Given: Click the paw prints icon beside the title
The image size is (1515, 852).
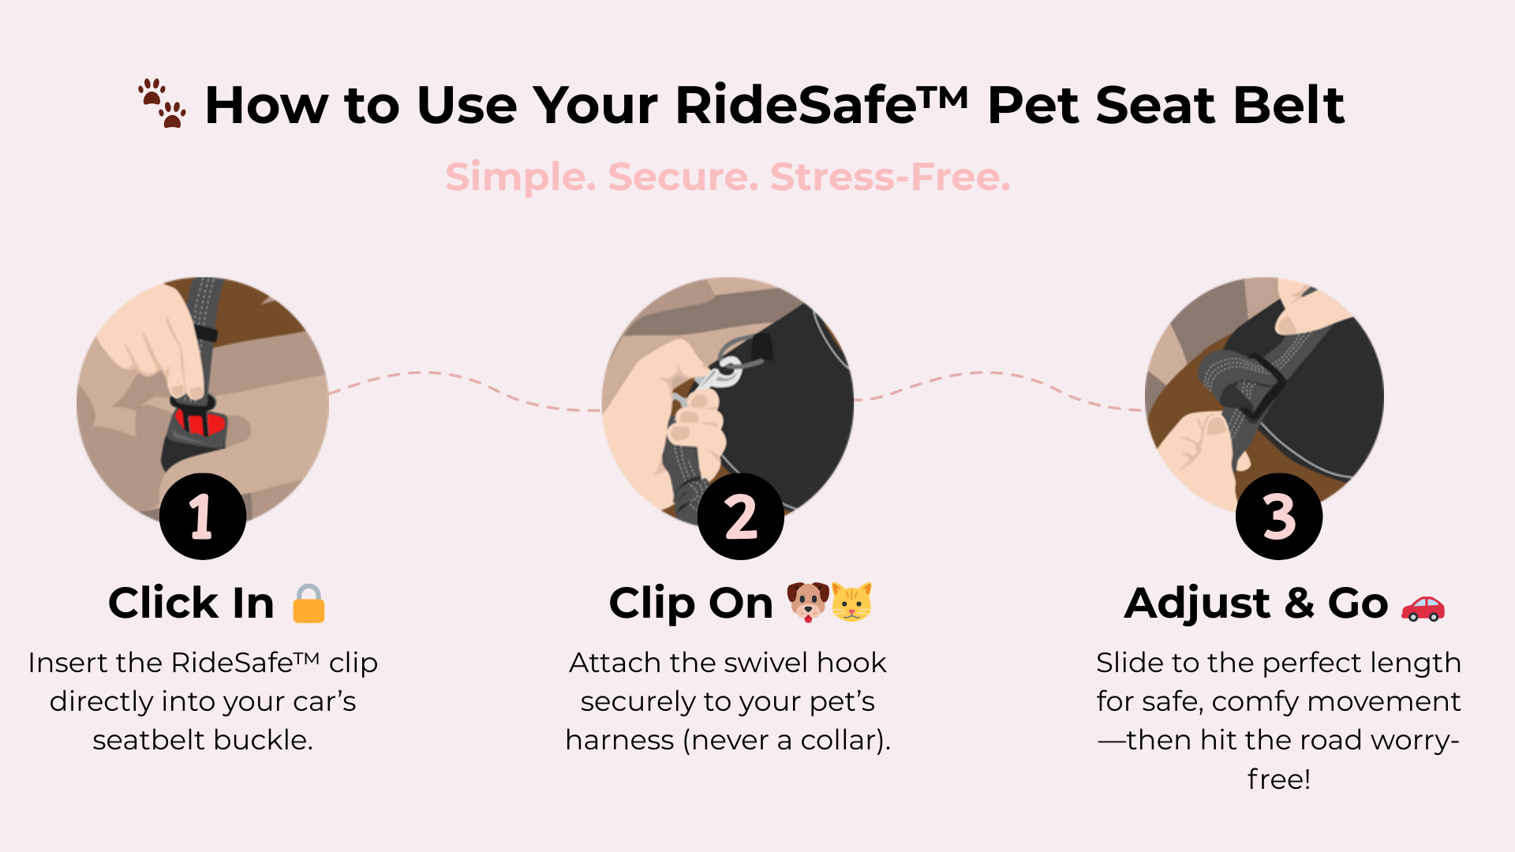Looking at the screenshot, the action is pyautogui.click(x=162, y=103).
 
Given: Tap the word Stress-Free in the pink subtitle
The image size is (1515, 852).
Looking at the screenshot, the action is pyautogui.click(x=890, y=177).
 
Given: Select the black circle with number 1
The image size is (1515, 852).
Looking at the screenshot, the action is pyautogui.click(x=203, y=517).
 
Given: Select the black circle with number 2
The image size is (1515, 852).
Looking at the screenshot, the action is pyautogui.click(x=741, y=517).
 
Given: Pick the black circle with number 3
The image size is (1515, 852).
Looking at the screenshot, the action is pyautogui.click(x=1279, y=517).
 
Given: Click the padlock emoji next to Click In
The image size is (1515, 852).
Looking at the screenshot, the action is pyautogui.click(x=309, y=603).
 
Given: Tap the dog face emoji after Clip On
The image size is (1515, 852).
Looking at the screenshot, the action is pyautogui.click(x=808, y=603).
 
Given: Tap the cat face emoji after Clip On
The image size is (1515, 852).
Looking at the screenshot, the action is pyautogui.click(x=852, y=603).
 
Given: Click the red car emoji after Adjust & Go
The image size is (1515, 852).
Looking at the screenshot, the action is pyautogui.click(x=1423, y=607).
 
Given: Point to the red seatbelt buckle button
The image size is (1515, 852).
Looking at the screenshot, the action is pyautogui.click(x=200, y=422).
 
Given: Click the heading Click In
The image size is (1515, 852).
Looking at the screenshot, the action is pyautogui.click(x=191, y=603).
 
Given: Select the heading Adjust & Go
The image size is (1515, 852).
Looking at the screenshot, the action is pyautogui.click(x=1256, y=604).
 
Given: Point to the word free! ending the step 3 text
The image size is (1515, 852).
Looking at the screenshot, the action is pyautogui.click(x=1279, y=779).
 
